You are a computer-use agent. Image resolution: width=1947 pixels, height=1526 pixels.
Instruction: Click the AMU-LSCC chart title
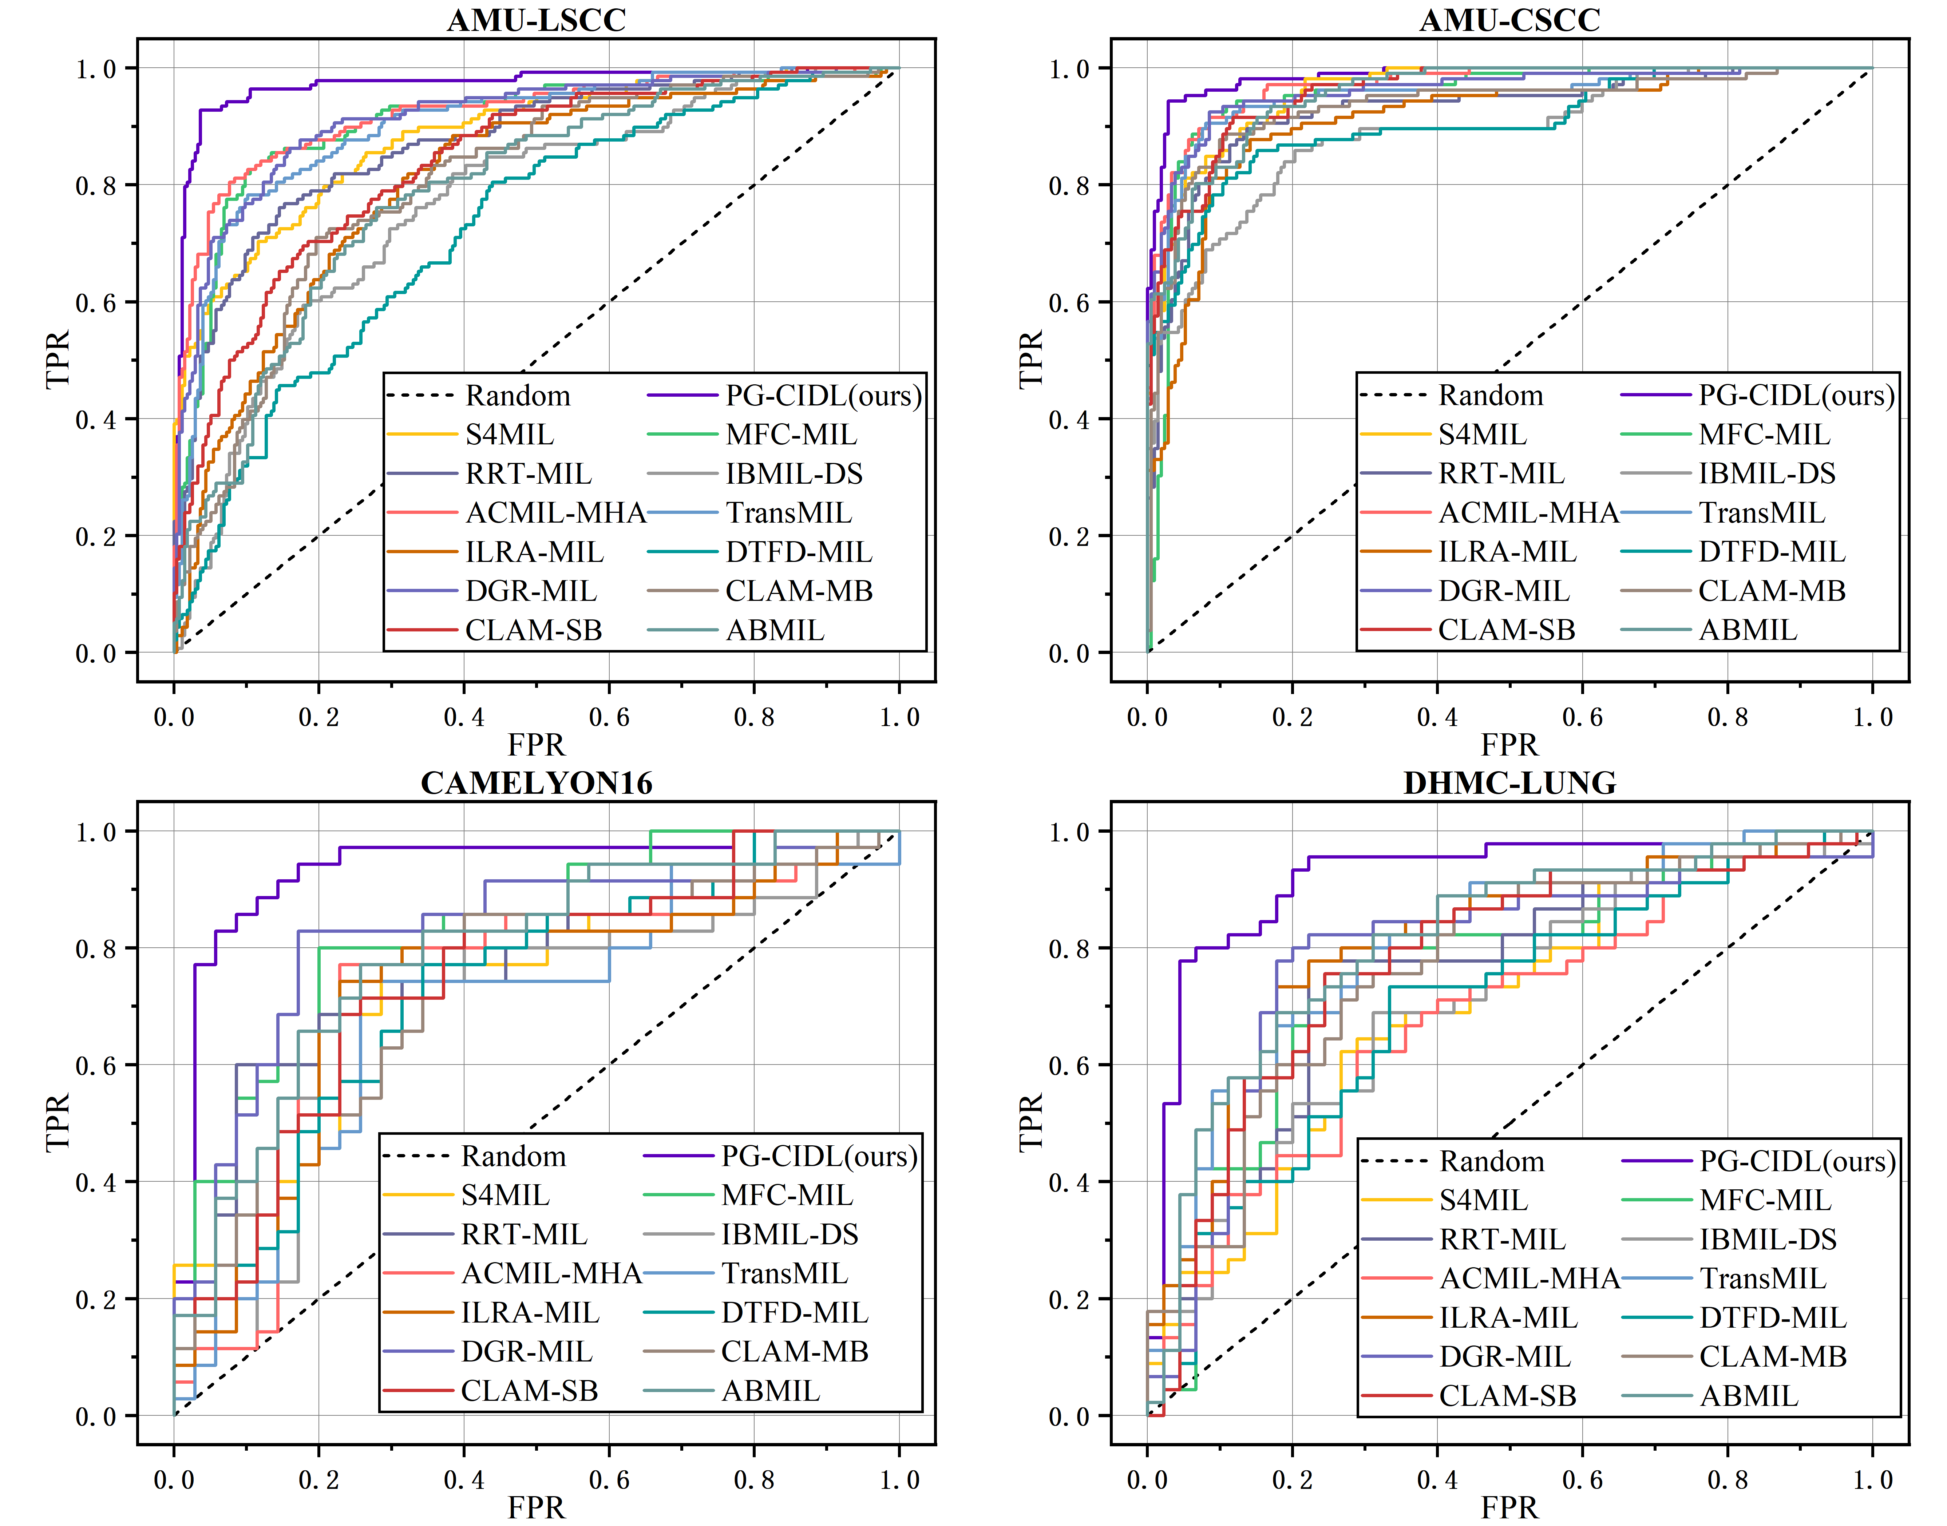(x=536, y=20)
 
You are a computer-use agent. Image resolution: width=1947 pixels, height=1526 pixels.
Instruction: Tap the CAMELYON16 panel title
(x=536, y=783)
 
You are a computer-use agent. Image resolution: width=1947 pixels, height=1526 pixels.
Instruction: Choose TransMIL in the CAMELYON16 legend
(x=784, y=1273)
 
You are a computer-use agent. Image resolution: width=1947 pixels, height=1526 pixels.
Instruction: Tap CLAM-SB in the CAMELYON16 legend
(x=529, y=1390)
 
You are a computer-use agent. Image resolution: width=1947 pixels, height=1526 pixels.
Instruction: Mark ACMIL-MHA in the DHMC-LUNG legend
(x=1530, y=1279)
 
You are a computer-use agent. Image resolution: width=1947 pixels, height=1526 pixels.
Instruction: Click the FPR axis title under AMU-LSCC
(x=536, y=744)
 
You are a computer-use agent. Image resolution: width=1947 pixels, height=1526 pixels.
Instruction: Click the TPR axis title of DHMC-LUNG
(x=1030, y=1122)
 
